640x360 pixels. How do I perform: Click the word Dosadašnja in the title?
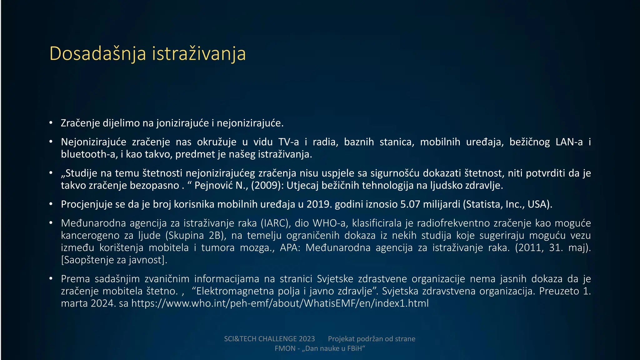pyautogui.click(x=97, y=54)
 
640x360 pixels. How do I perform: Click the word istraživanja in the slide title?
pyautogui.click(x=199, y=54)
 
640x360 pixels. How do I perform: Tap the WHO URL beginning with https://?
pyautogui.click(x=280, y=303)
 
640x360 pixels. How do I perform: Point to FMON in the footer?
pyautogui.click(x=285, y=349)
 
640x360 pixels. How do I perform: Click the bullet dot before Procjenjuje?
pyautogui.click(x=51, y=204)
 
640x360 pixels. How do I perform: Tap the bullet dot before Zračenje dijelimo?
pyautogui.click(x=51, y=123)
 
